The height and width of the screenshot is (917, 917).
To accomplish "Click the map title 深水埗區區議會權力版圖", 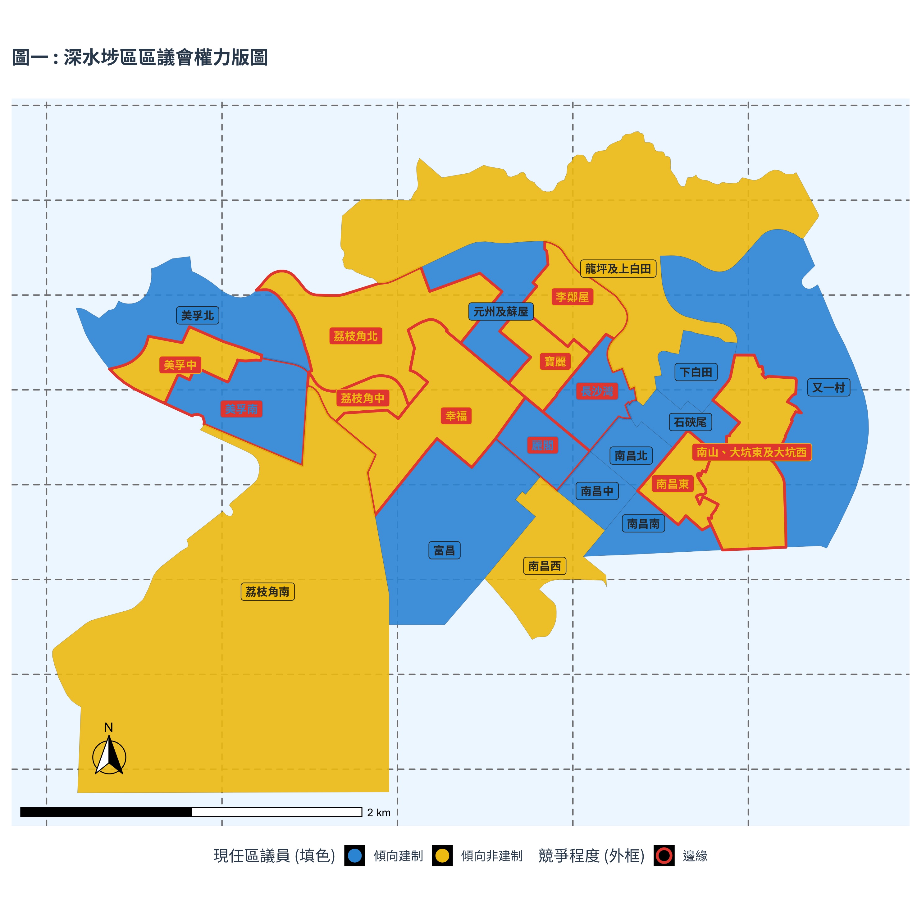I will tap(140, 57).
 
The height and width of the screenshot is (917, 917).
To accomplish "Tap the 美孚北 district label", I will tap(198, 316).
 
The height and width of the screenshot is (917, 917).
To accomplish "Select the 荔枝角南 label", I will tap(268, 592).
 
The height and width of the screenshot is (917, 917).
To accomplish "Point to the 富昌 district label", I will tap(444, 550).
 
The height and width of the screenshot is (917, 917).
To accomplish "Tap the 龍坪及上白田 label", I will tap(618, 269).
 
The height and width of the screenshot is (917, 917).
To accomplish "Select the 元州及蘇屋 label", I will tap(501, 312).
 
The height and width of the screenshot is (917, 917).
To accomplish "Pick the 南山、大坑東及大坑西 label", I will tap(751, 452).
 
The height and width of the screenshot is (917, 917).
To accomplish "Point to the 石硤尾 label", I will tap(690, 422).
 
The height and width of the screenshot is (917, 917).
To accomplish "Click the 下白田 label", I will tap(696, 372).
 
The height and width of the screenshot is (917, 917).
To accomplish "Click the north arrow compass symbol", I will tap(109, 757).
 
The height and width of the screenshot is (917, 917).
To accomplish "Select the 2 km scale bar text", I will tap(379, 813).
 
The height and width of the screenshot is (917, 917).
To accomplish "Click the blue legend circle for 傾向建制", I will tap(354, 856).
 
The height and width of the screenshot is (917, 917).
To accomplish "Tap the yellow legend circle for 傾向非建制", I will tap(442, 856).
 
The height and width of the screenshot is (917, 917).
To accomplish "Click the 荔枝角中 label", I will tap(363, 398).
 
